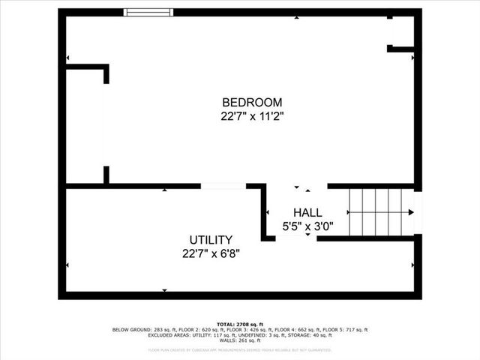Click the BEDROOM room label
(x=252, y=103)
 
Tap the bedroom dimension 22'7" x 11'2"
(x=252, y=116)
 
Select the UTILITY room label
(x=211, y=239)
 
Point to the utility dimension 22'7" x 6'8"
(x=211, y=253)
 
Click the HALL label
(x=307, y=212)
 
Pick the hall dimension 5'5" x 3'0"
(x=307, y=225)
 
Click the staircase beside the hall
(x=381, y=212)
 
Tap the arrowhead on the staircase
(x=410, y=212)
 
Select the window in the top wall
(x=148, y=12)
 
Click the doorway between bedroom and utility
(x=223, y=185)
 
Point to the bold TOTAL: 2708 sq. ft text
(x=239, y=324)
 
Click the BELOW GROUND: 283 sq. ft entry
(x=139, y=330)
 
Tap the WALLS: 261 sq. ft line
(x=240, y=340)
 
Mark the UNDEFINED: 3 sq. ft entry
(x=265, y=335)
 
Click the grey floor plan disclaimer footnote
(x=240, y=349)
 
